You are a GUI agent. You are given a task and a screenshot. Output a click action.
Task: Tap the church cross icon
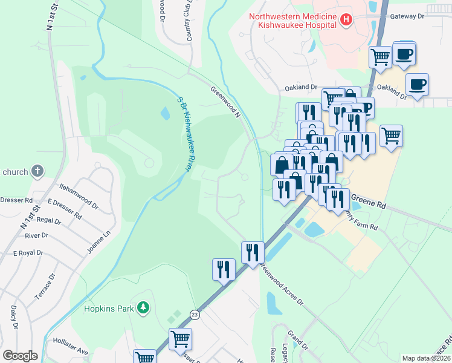37,171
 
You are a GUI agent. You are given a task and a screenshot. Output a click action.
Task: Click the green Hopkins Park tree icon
143,309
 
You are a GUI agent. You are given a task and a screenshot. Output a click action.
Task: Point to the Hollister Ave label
70,351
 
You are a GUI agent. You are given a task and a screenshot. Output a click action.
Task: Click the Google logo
21,356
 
